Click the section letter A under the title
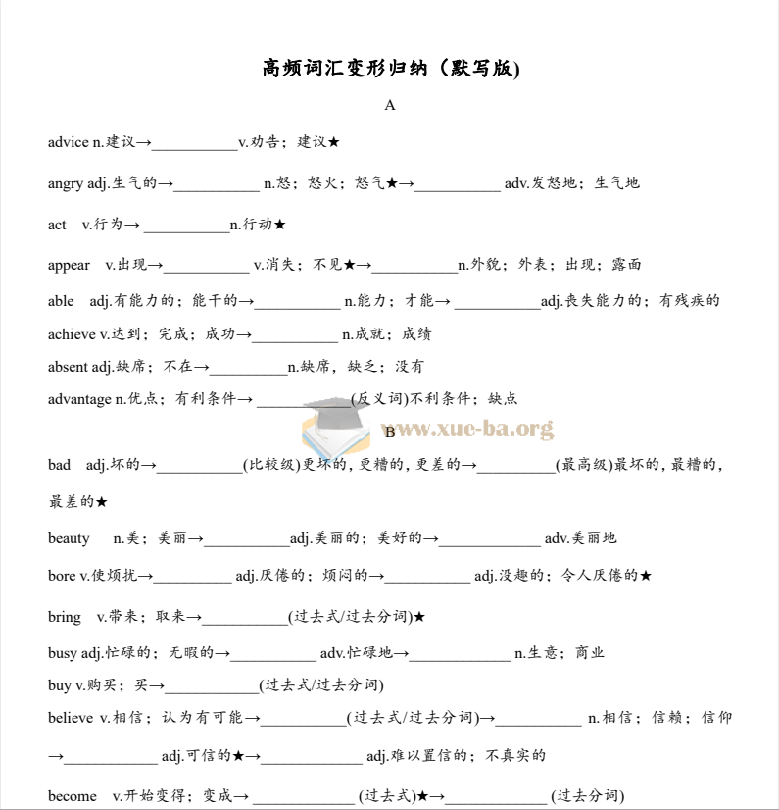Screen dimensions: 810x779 (390, 105)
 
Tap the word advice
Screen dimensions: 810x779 (68, 142)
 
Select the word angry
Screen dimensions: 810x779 (66, 183)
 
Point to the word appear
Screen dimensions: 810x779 (69, 265)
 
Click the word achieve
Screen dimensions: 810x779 (72, 334)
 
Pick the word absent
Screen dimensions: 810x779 (68, 367)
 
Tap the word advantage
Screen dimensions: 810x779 (79, 398)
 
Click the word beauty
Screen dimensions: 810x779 (69, 538)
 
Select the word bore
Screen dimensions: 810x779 (62, 576)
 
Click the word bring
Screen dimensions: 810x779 (65, 617)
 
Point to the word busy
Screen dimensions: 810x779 (63, 653)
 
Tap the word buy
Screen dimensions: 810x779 (60, 684)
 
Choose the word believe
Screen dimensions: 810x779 (71, 718)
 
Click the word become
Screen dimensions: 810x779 (73, 795)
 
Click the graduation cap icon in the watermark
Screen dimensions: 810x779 (330, 425)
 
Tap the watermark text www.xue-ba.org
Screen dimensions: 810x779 (472, 429)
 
